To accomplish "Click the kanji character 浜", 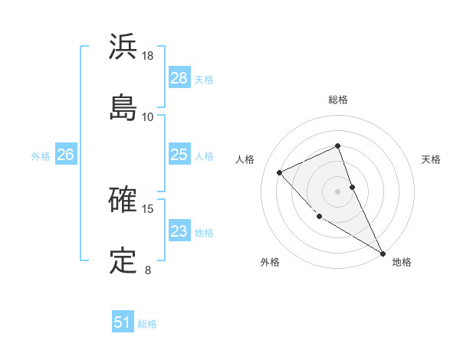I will tap(123, 47).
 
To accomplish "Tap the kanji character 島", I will tap(123, 106).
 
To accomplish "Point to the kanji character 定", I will tap(123, 260).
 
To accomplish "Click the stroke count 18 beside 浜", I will tap(148, 56).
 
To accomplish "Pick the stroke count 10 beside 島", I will tap(148, 116).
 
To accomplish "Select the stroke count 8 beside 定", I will tap(148, 270).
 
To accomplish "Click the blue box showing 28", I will tap(179, 78).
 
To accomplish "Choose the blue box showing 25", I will tap(179, 155).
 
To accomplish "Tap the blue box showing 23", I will tap(179, 231).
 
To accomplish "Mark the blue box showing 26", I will tap(65, 155).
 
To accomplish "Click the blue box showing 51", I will tap(122, 322).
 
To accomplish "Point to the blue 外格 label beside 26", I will tap(41, 155).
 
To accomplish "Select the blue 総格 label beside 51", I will tap(147, 324).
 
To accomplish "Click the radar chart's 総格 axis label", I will tap(338, 100).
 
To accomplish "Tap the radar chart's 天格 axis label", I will tap(431, 159).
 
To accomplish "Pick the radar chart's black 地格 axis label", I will tap(402, 262).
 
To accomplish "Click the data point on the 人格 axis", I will tap(280, 172).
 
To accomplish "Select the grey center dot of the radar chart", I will tap(338, 191).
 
